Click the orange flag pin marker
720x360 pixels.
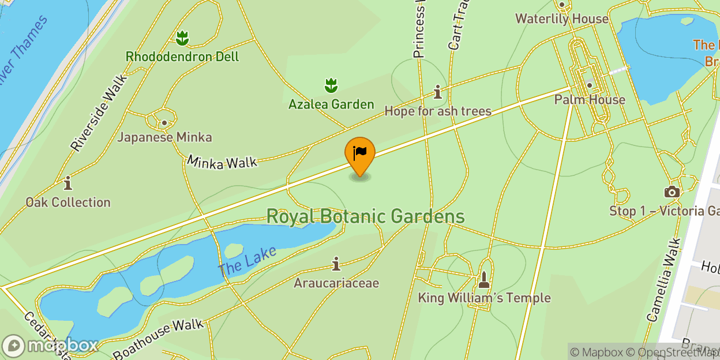pyautogui.click(x=359, y=154)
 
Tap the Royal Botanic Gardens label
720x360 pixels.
pyautogui.click(x=365, y=216)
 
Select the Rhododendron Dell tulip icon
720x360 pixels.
pyautogui.click(x=182, y=39)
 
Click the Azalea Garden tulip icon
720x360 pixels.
pyautogui.click(x=331, y=86)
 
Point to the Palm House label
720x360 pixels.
pyautogui.click(x=590, y=100)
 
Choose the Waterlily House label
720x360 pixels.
pyautogui.click(x=561, y=18)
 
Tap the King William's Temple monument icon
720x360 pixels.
pyautogui.click(x=484, y=280)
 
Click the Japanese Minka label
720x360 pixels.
pyautogui.click(x=165, y=137)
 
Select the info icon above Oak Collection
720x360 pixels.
pyautogui.click(x=68, y=183)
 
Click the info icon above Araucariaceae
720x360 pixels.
pyautogui.click(x=336, y=265)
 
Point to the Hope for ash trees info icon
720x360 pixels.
pyautogui.click(x=438, y=92)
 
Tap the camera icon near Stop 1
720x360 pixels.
pyautogui.click(x=672, y=192)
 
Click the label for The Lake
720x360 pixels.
pyautogui.click(x=247, y=261)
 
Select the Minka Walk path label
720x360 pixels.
pyautogui.click(x=222, y=162)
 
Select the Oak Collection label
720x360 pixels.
pyautogui.click(x=68, y=202)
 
